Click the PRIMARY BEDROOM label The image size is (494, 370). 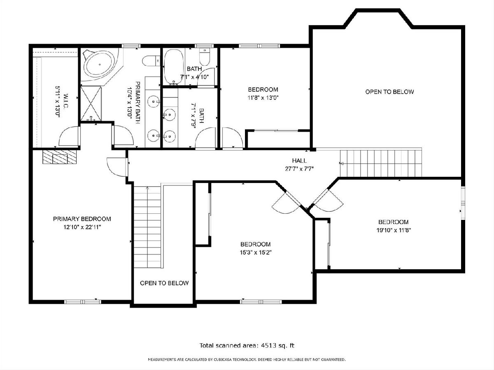click(82, 219)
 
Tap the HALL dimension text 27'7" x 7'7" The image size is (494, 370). click(299, 169)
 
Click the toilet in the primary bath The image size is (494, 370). click(151, 61)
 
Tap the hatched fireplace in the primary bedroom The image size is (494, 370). click(60, 157)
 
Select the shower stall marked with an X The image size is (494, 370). click(91, 103)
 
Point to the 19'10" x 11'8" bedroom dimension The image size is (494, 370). click(394, 230)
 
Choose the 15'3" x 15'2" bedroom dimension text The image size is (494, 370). click(256, 252)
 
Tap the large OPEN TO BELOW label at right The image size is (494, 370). click(389, 92)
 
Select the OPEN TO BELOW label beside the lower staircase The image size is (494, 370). click(164, 283)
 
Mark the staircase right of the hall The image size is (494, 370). click(380, 163)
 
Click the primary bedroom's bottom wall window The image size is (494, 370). click(83, 302)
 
